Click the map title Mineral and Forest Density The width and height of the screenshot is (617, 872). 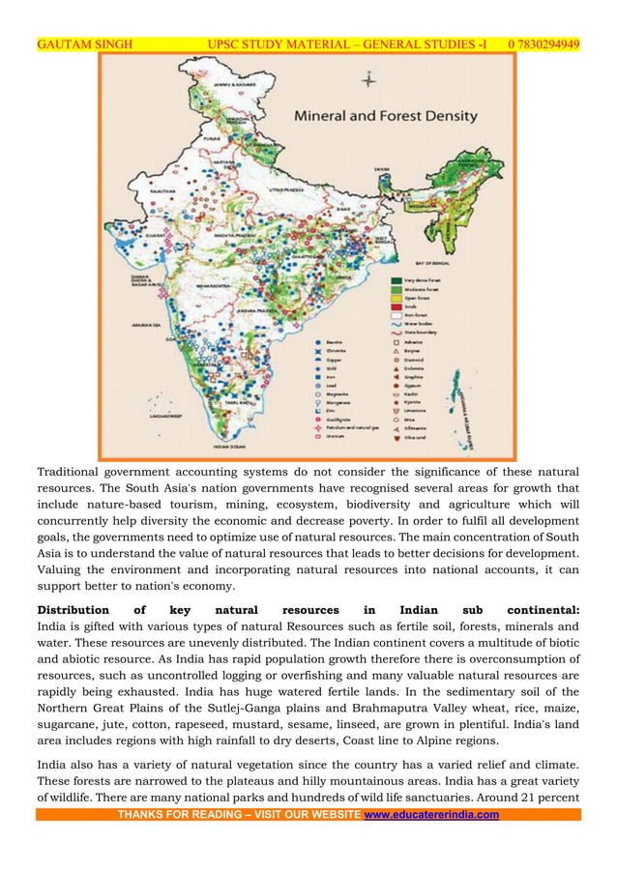(x=385, y=116)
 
